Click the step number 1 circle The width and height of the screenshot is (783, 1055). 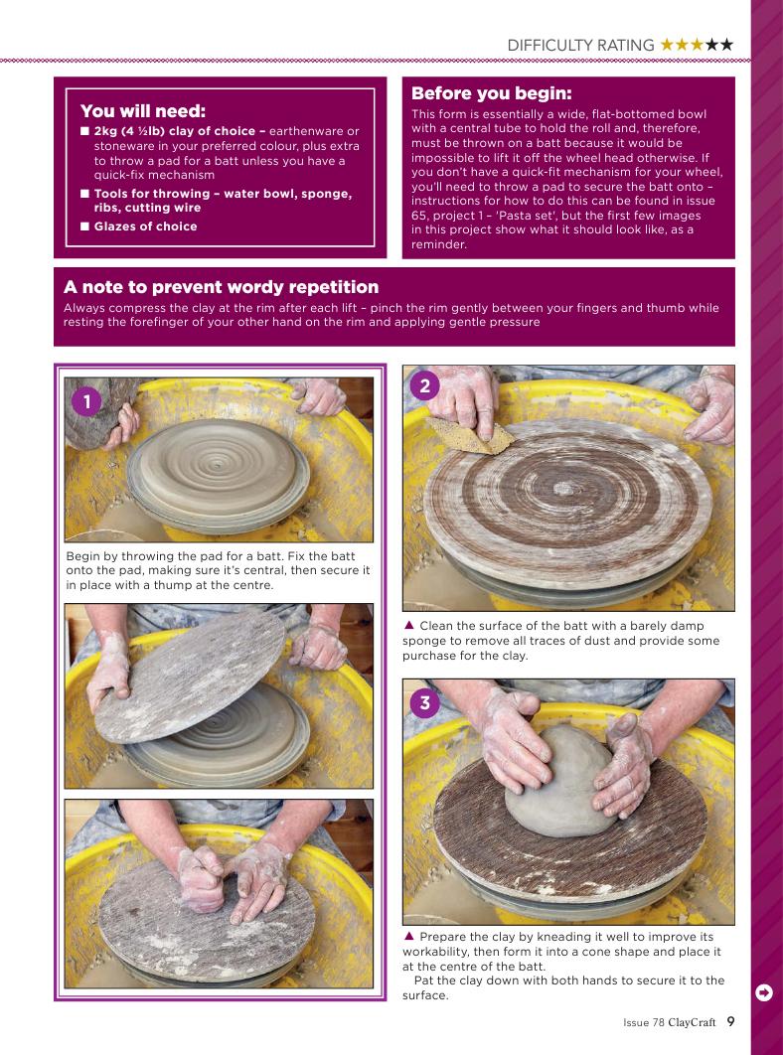(x=86, y=402)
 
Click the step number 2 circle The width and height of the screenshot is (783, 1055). (x=424, y=386)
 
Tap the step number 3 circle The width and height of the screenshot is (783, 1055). (x=424, y=703)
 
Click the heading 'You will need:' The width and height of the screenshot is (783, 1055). (x=143, y=111)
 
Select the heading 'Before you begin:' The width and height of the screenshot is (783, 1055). (x=492, y=92)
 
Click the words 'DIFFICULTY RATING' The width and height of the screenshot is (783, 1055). (x=580, y=45)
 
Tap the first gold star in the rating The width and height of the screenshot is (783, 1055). (x=667, y=45)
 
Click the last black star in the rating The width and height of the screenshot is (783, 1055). (x=725, y=45)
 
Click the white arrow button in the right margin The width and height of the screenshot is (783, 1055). (x=764, y=992)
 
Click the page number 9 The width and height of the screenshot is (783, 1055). (x=730, y=1021)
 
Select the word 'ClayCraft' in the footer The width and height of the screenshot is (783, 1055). (x=692, y=1022)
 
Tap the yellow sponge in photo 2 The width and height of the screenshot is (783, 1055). (x=469, y=435)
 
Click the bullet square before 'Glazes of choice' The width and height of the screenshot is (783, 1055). (x=84, y=226)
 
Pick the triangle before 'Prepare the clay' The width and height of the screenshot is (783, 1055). (x=408, y=936)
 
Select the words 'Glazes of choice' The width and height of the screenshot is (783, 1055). (x=145, y=226)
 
